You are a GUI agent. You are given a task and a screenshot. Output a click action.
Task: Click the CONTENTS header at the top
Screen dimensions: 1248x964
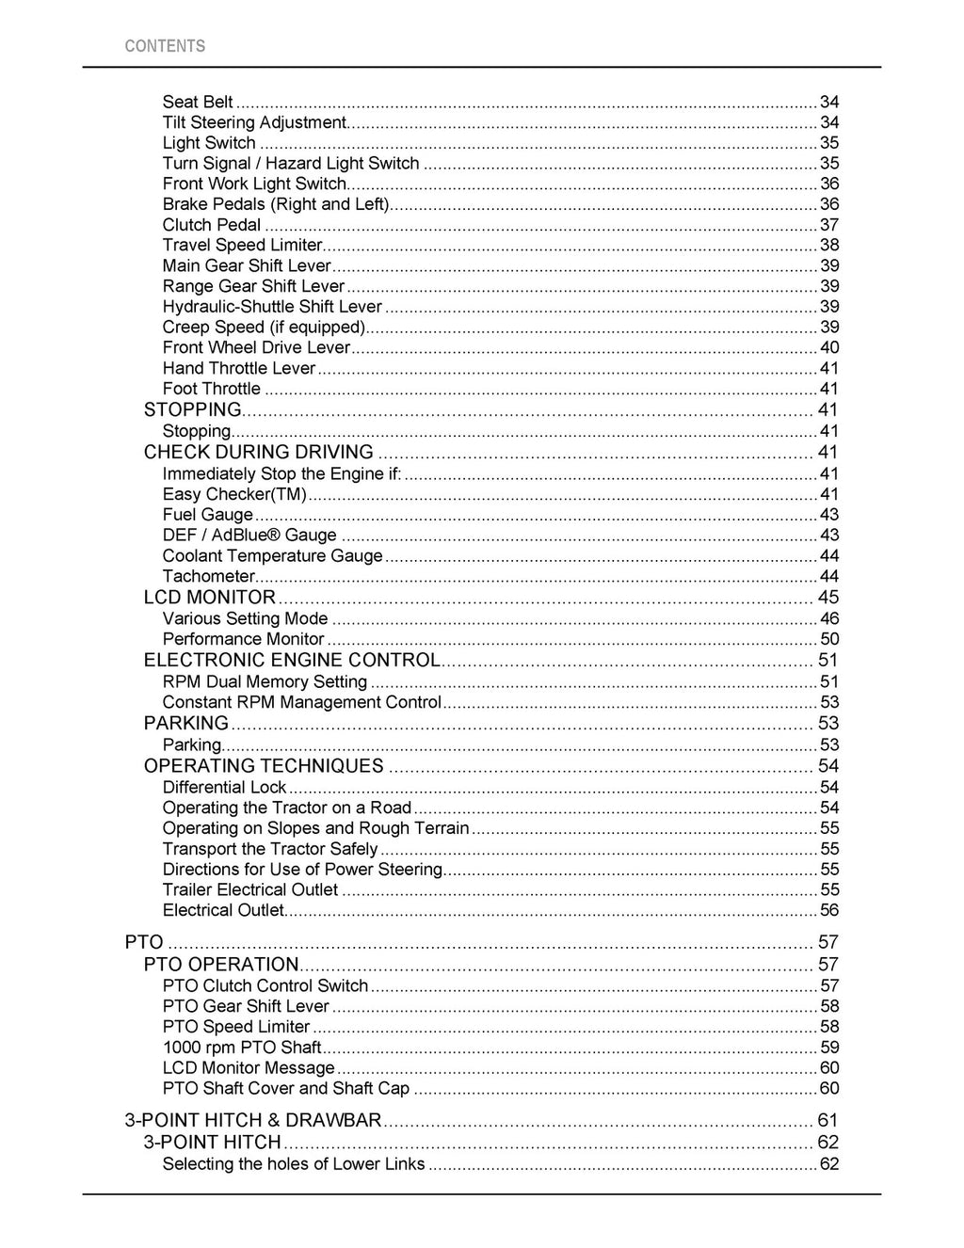point(165,46)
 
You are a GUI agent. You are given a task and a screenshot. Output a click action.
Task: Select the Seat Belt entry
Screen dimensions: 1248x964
point(198,102)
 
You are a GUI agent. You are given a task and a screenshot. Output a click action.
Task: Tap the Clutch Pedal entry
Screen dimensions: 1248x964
point(212,225)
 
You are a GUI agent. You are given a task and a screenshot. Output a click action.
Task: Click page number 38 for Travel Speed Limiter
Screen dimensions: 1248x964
point(829,246)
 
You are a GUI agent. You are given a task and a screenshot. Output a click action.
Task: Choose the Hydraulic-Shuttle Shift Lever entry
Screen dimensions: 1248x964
point(272,307)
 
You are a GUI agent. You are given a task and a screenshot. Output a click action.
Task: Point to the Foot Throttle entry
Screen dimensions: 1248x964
point(212,389)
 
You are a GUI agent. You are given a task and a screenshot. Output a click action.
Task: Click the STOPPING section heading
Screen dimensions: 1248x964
point(193,409)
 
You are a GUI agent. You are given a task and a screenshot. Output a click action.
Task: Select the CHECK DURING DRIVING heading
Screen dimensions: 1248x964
point(259,452)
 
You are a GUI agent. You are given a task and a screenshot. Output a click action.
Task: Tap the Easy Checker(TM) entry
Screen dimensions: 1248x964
point(234,494)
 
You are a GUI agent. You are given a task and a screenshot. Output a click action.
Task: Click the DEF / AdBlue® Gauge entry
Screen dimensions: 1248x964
point(249,536)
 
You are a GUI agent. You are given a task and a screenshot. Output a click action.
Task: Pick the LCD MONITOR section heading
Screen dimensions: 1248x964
point(210,598)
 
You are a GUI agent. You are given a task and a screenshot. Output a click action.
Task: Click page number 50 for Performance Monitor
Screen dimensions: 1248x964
point(829,640)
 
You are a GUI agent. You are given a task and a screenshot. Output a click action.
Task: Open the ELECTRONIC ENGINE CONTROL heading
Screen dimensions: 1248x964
point(292,661)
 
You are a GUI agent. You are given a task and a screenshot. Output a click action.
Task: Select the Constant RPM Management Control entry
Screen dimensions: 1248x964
point(301,702)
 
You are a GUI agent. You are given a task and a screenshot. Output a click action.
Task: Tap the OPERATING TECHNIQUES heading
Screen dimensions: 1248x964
point(264,766)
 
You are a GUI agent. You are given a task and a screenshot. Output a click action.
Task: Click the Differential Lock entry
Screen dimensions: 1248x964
point(224,788)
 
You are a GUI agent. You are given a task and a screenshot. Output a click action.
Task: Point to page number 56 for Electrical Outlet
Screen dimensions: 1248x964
point(829,910)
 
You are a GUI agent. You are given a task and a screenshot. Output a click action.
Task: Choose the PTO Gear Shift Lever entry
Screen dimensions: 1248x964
point(246,1006)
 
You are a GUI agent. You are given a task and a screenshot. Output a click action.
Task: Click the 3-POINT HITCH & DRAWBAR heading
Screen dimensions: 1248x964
point(253,1120)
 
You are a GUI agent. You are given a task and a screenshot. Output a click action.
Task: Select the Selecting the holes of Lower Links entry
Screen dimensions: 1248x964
point(294,1164)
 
